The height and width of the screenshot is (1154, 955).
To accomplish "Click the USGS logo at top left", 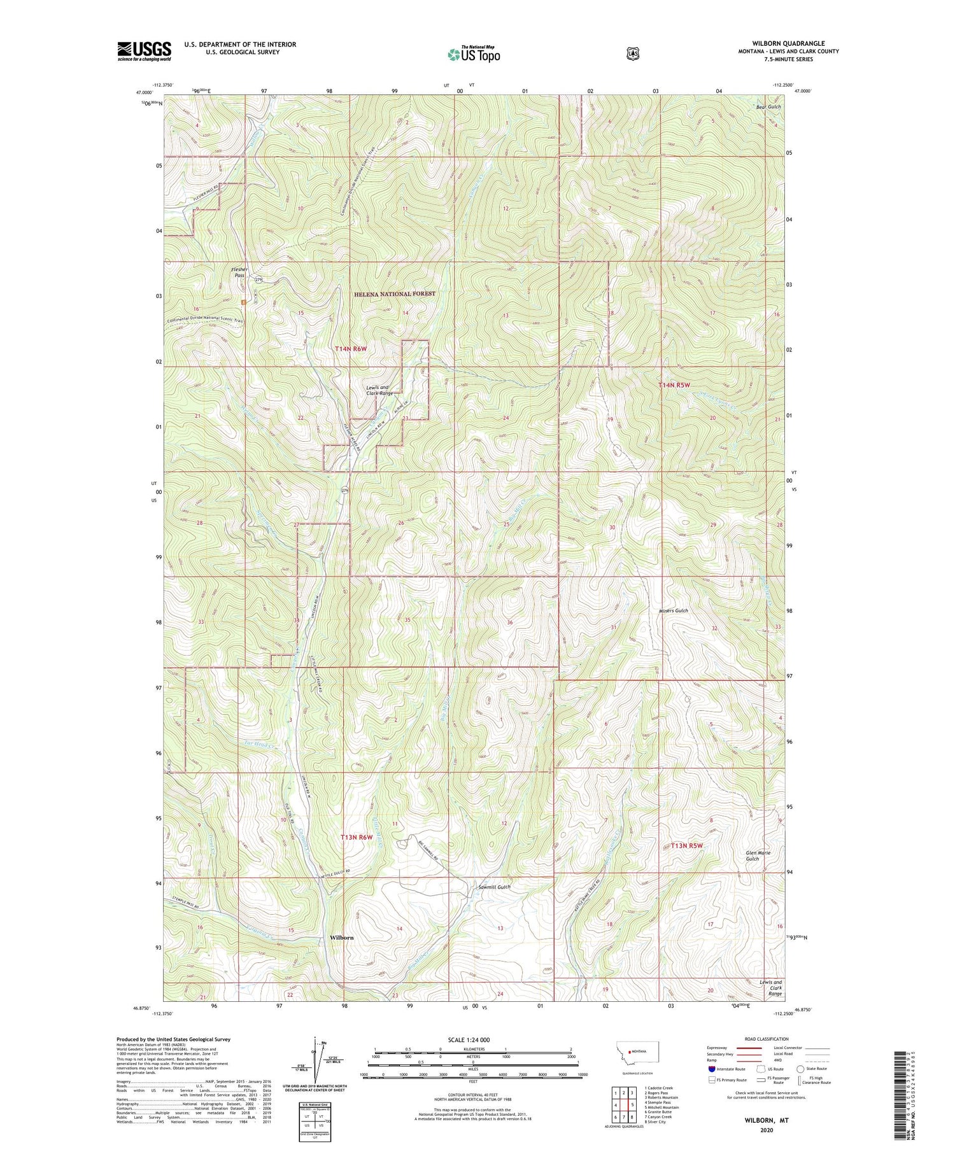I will click(144, 51).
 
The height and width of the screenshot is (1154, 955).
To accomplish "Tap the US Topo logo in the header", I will click(474, 54).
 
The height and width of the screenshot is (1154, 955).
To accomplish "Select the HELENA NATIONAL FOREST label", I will click(395, 294).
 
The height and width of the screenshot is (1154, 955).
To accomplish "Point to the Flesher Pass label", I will click(239, 272).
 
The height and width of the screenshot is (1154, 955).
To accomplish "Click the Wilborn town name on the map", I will click(342, 938).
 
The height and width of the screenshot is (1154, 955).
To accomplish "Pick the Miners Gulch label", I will click(673, 610).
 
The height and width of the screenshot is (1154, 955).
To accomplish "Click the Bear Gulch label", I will click(768, 106).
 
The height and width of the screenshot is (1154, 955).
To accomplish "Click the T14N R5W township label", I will click(674, 386).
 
